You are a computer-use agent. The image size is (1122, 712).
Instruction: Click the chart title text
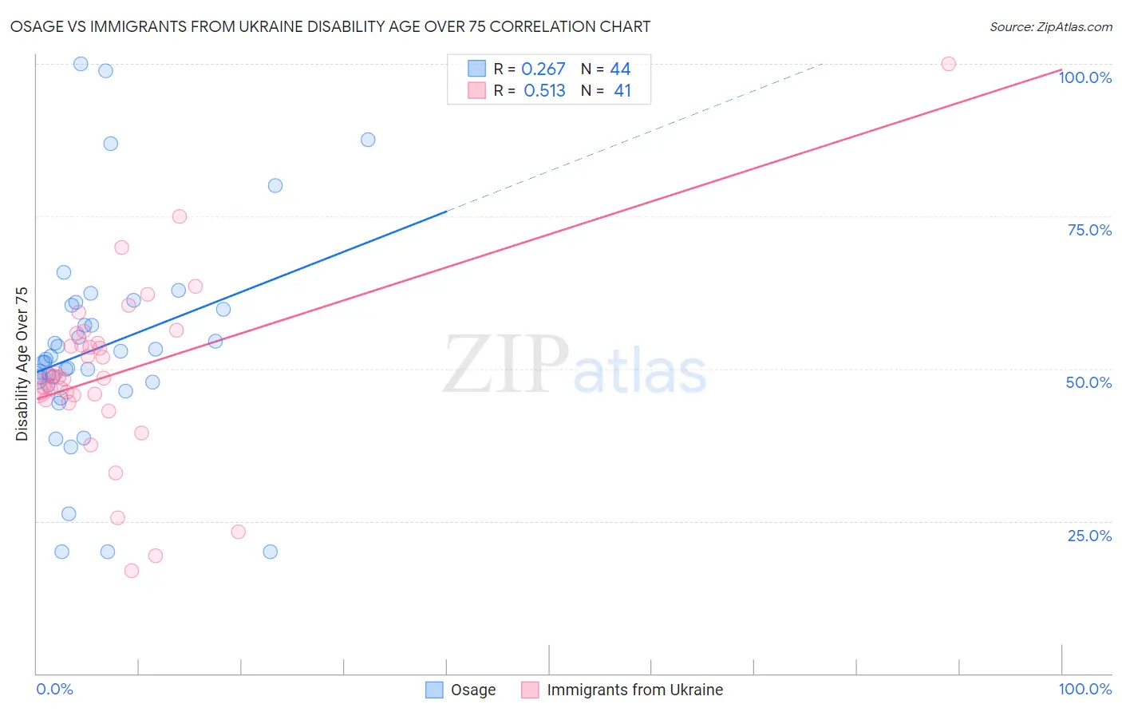click(330, 26)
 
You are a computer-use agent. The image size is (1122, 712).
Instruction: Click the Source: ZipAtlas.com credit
click(1050, 26)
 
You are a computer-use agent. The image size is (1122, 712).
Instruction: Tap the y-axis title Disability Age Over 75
click(22, 363)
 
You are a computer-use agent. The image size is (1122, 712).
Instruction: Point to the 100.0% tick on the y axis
click(1084, 77)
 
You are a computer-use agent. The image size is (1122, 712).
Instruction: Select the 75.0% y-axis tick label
click(1089, 230)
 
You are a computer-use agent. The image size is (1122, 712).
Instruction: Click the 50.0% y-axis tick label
click(1088, 382)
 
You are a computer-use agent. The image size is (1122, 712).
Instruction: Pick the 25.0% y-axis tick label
click(1089, 536)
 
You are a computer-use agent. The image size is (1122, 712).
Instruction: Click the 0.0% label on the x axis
click(54, 689)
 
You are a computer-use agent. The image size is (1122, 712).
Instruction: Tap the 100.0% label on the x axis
click(1084, 689)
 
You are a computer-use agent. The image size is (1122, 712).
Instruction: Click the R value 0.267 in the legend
click(543, 69)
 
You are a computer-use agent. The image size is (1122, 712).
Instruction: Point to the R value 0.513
click(544, 91)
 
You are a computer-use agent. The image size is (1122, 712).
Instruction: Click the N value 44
click(620, 69)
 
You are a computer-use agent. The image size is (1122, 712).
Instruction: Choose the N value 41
click(622, 91)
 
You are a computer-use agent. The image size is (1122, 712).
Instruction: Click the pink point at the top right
click(948, 64)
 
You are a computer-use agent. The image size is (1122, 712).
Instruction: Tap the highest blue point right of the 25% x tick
click(368, 140)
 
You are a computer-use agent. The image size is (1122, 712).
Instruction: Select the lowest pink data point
click(132, 571)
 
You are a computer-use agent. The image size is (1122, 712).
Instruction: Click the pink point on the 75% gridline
click(180, 217)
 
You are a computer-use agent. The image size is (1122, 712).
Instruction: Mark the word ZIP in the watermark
click(505, 364)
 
